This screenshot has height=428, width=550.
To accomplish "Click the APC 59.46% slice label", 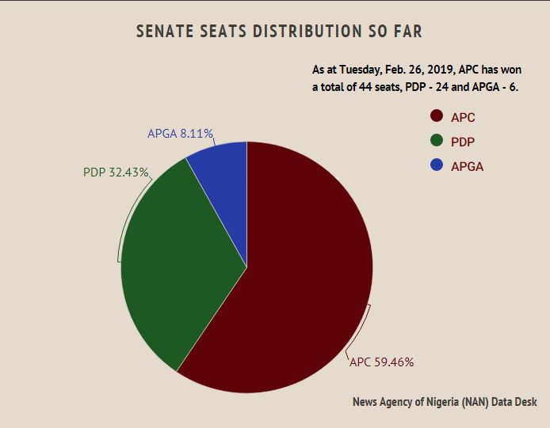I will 382,362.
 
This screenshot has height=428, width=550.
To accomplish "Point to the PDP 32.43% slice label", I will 116,172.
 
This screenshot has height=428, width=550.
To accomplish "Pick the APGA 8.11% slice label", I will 180,134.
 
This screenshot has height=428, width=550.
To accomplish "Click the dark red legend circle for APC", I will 436,116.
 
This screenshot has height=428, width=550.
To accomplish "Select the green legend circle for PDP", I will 436,141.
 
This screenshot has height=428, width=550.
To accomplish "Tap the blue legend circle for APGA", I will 436,165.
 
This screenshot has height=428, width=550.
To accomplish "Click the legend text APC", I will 463,117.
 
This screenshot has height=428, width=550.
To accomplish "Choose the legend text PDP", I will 463,142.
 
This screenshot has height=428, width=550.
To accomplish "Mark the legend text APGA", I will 467,166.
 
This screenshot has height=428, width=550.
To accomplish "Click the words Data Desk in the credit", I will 515,402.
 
